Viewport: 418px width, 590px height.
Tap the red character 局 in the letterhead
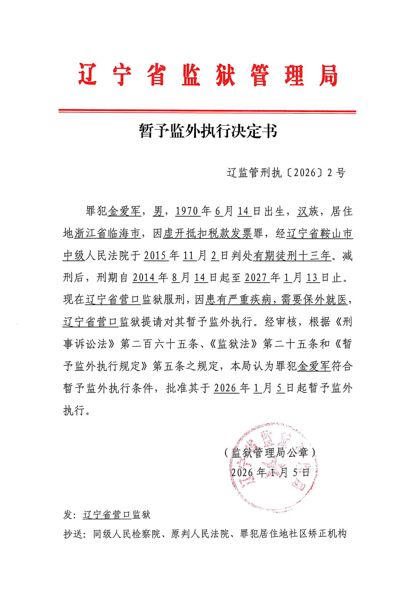point(328,75)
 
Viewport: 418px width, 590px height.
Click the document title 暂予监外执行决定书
point(208,131)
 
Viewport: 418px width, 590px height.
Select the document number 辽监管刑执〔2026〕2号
point(286,173)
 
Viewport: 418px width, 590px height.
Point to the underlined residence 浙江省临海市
point(107,233)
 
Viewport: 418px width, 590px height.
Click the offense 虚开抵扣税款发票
point(208,233)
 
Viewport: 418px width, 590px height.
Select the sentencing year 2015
point(155,256)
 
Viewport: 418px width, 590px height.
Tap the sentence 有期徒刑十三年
point(292,256)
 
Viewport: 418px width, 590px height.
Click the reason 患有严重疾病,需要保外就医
point(276,300)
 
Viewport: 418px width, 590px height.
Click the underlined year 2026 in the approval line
point(225,388)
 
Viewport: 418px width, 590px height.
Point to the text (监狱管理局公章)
point(270,452)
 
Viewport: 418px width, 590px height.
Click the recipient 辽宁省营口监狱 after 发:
point(117,515)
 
